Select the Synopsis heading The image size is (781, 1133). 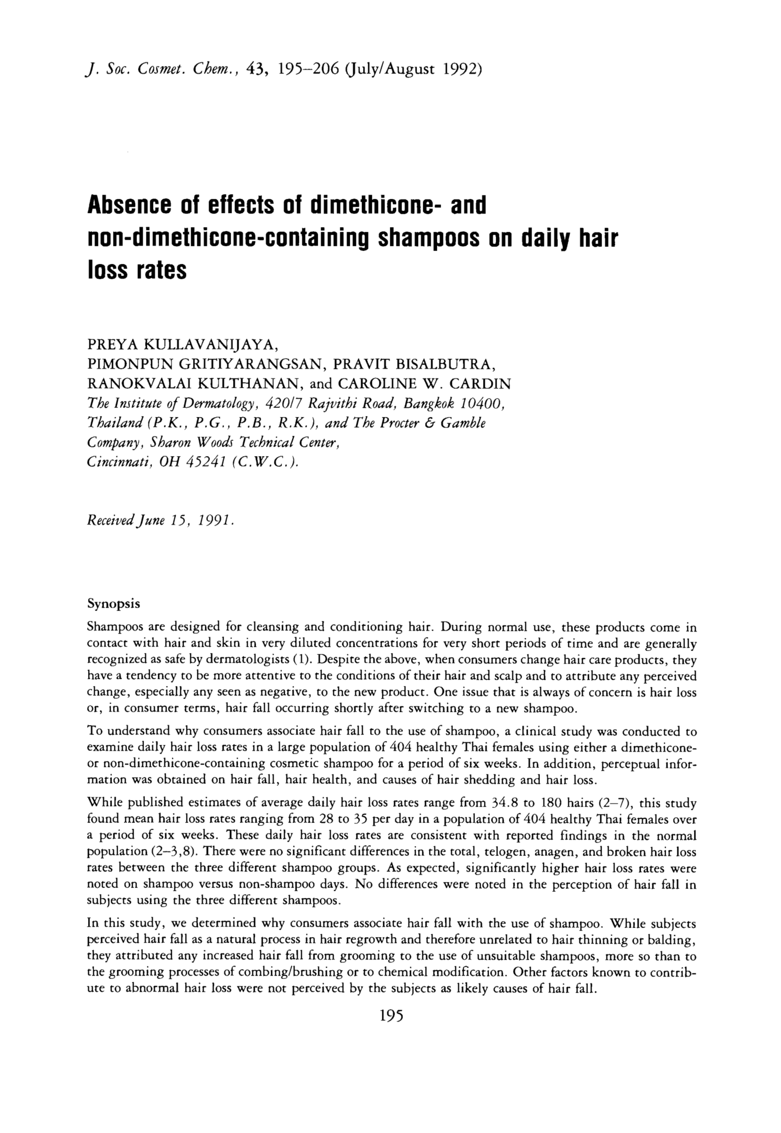click(x=113, y=603)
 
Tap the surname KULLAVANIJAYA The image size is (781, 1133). click(x=210, y=345)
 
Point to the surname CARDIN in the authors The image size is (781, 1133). click(x=480, y=383)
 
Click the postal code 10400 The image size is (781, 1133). click(x=482, y=403)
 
